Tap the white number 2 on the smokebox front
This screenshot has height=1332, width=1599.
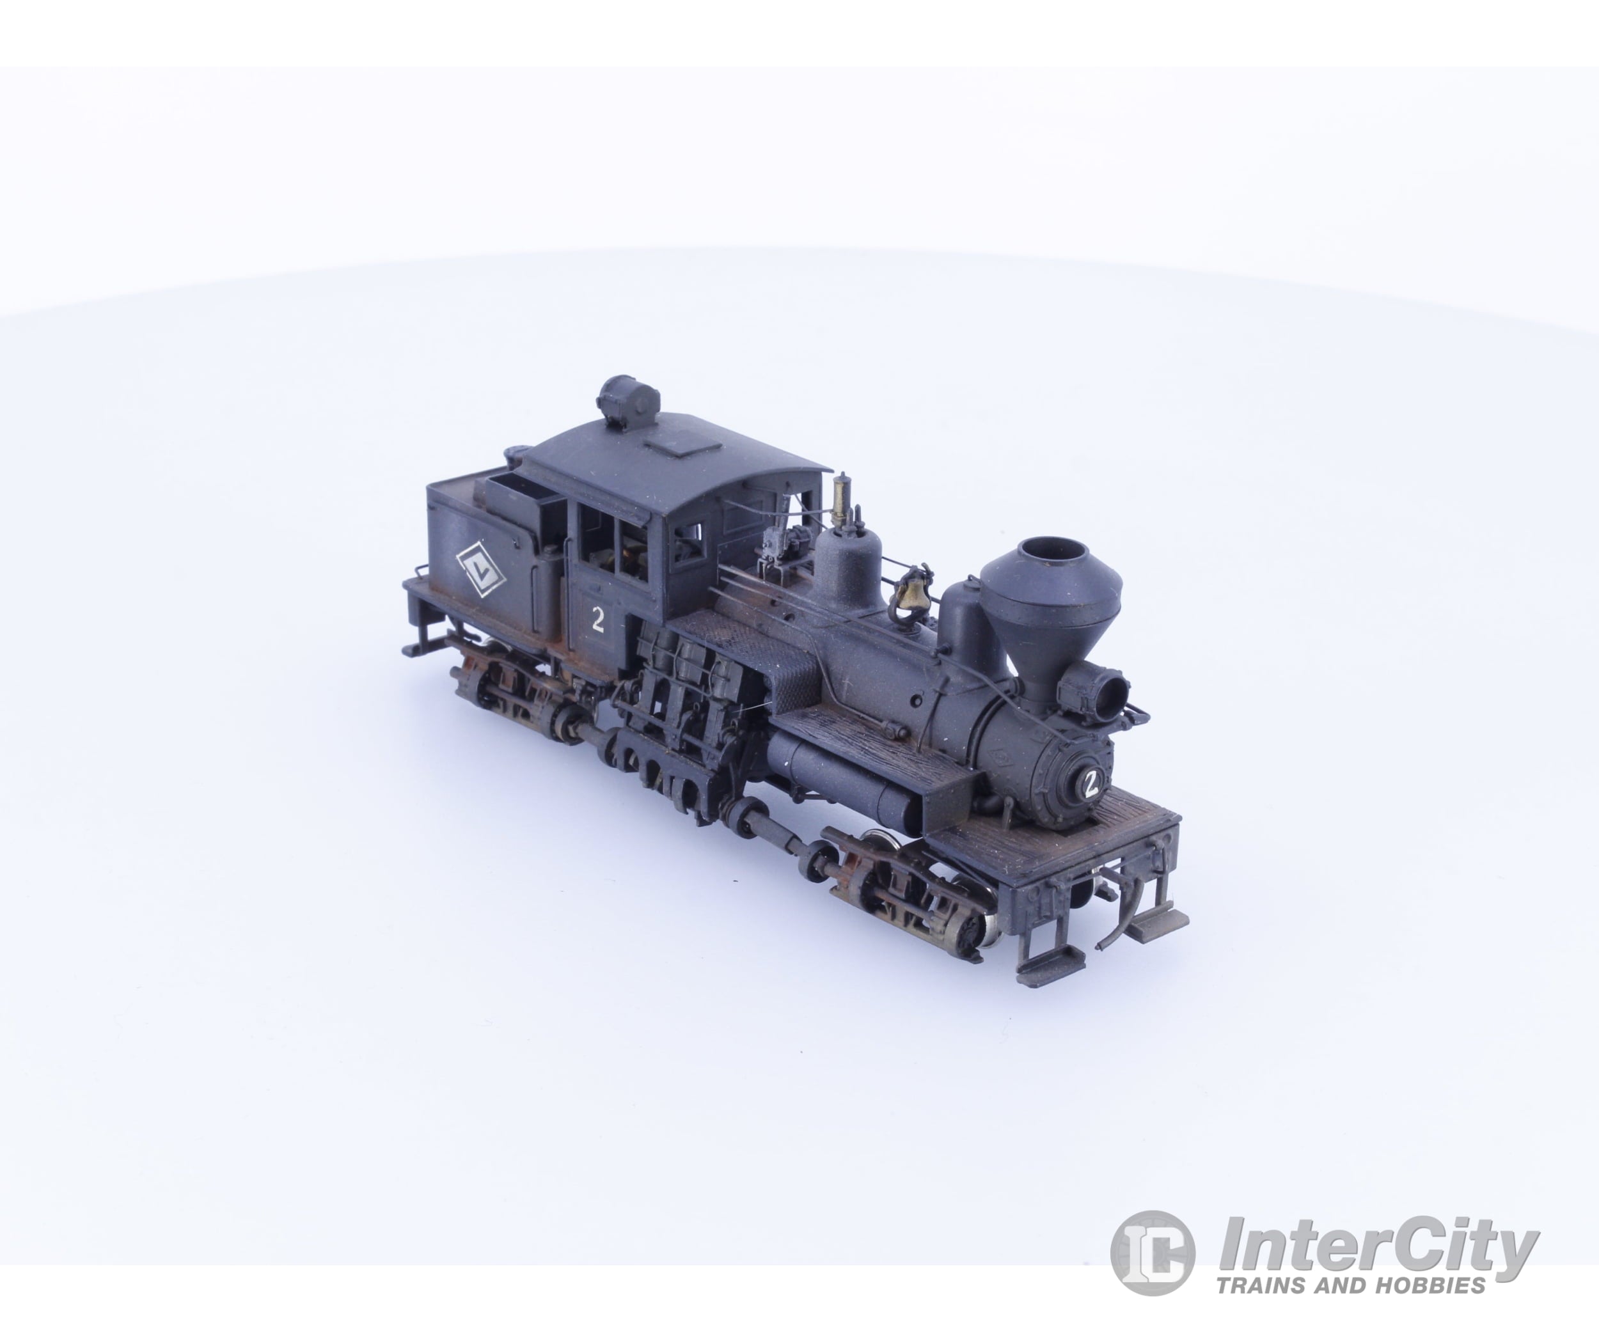coord(1091,784)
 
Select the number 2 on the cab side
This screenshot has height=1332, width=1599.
coord(598,621)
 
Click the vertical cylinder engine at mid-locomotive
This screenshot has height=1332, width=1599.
coord(678,700)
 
